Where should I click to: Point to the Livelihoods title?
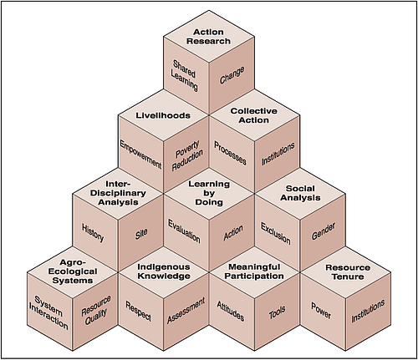(x=164, y=114)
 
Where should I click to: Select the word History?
(x=94, y=231)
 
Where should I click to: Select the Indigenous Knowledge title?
(x=163, y=272)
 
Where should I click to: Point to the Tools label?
(x=277, y=314)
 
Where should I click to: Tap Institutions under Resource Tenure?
(x=369, y=311)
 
